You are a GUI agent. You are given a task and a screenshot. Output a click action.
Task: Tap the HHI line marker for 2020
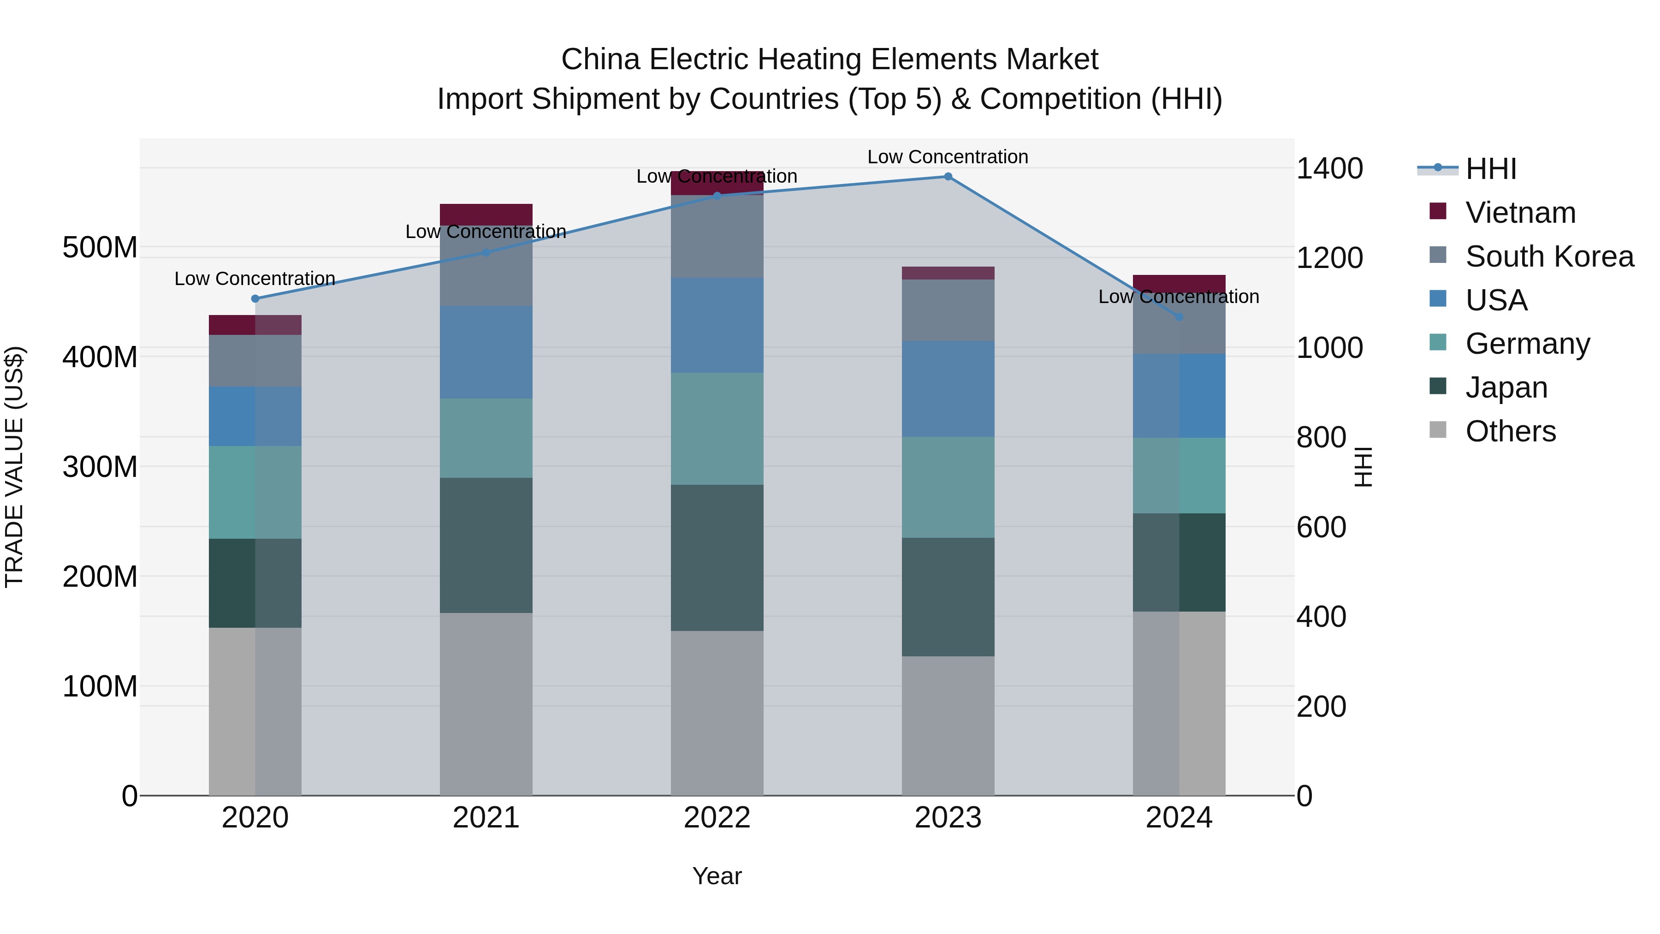255,298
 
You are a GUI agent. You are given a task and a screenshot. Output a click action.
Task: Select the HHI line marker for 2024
1179,317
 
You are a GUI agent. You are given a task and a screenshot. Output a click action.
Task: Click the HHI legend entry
1490,169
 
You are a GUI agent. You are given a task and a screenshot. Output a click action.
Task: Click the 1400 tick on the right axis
1329,169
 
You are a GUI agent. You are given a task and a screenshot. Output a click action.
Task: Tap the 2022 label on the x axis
717,818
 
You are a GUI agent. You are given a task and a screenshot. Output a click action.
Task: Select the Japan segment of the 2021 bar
486,545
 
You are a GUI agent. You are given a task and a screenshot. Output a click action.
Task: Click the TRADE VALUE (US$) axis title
14,467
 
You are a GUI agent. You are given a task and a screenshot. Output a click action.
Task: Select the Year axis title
717,876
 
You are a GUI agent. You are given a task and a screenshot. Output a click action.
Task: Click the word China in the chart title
600,59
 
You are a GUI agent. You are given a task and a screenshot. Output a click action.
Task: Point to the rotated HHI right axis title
1363,467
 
